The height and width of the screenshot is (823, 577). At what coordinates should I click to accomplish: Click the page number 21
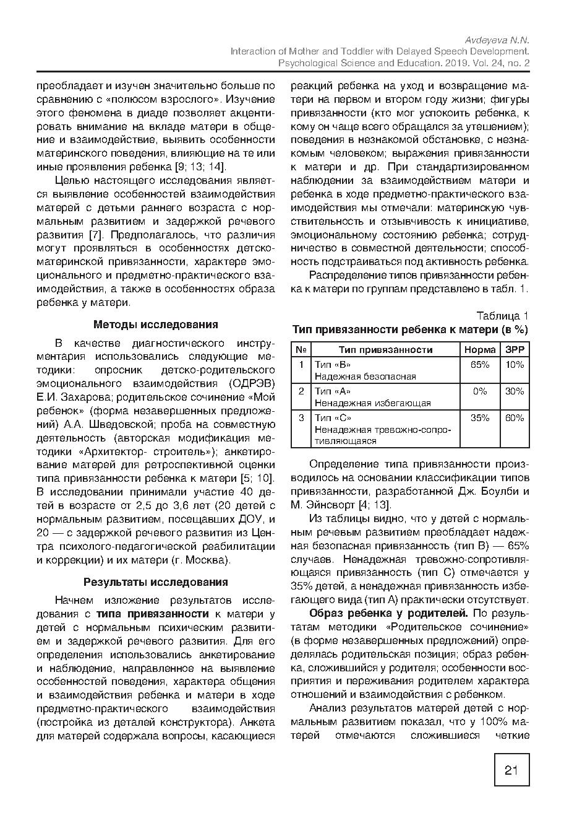(511, 770)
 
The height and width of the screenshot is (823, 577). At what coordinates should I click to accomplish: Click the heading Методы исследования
(155, 324)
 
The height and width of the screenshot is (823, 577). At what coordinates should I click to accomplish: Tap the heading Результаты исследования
(155, 581)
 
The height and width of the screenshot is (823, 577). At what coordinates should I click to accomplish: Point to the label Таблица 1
(503, 316)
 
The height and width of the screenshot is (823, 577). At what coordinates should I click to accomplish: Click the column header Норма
(480, 349)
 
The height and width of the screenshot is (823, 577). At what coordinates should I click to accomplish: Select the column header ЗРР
(515, 349)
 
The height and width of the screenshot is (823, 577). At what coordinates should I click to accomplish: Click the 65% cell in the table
(480, 365)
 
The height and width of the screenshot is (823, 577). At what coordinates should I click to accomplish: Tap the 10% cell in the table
(515, 365)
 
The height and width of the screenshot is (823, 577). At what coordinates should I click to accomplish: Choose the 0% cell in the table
(480, 391)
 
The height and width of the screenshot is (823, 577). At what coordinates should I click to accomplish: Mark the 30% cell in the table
(515, 391)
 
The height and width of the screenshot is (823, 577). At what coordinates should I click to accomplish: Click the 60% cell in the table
(515, 418)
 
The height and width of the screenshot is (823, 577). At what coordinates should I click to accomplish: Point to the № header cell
(301, 349)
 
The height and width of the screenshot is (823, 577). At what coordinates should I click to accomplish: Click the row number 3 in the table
(301, 418)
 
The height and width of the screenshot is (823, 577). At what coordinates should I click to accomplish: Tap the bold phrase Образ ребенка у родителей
(389, 613)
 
